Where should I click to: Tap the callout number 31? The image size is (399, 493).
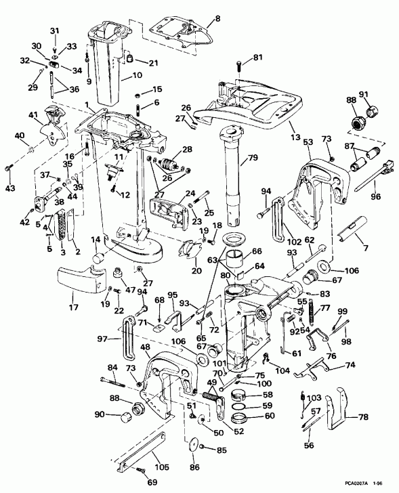(x=55, y=30)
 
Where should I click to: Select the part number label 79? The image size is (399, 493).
(x=251, y=159)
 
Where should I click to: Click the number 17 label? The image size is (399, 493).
(x=73, y=295)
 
